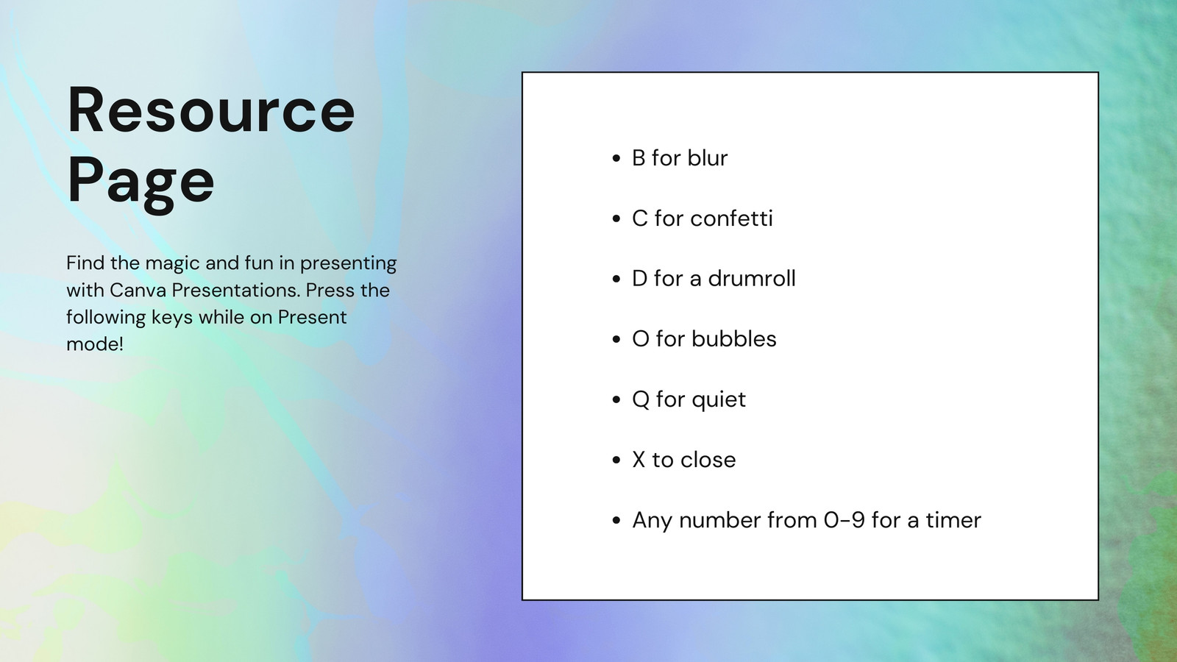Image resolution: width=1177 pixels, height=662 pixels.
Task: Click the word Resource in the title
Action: (211, 110)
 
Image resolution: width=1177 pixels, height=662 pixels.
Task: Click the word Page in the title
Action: (141, 181)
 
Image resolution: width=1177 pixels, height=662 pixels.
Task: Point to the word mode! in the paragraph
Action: (95, 344)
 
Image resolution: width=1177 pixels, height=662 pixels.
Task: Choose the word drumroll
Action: (752, 278)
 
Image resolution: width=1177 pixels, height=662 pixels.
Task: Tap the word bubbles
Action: (734, 338)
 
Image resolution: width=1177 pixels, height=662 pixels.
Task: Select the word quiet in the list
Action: (719, 400)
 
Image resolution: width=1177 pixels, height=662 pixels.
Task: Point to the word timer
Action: (953, 520)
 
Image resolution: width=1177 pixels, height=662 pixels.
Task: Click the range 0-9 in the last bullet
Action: (844, 520)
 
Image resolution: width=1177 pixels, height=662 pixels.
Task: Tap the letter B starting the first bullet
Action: (639, 157)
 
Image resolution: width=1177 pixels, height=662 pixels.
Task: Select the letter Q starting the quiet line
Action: (641, 400)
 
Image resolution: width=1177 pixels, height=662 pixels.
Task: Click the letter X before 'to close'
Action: (639, 460)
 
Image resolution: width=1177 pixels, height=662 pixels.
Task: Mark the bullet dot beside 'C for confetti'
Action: (617, 219)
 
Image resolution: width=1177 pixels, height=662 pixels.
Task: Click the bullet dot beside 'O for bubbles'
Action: (617, 339)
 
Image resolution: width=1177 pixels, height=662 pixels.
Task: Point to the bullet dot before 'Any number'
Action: (617, 521)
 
